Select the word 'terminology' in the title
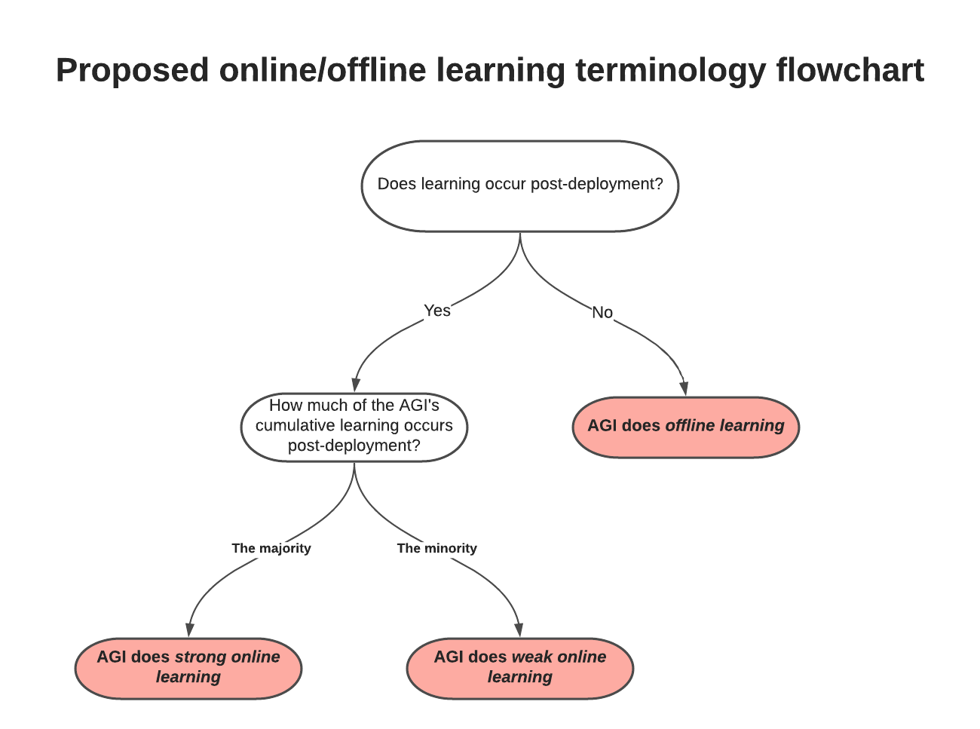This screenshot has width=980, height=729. pyautogui.click(x=670, y=71)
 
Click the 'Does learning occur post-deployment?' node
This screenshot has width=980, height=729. pyautogui.click(x=520, y=185)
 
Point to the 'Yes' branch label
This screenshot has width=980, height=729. pyautogui.click(x=437, y=311)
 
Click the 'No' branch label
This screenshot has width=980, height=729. pyautogui.click(x=602, y=312)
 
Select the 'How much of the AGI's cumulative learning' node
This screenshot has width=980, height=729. pyautogui.click(x=354, y=426)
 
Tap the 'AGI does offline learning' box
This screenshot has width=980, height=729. pyautogui.click(x=685, y=427)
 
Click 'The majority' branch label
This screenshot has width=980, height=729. pyautogui.click(x=271, y=548)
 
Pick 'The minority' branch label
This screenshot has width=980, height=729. pyautogui.click(x=437, y=548)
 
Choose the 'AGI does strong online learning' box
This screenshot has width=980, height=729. pyautogui.click(x=188, y=667)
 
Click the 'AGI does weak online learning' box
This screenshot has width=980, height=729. pyautogui.click(x=520, y=667)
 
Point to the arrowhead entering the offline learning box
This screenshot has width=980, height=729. pyautogui.click(x=684, y=389)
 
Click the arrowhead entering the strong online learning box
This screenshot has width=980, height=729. pyautogui.click(x=189, y=630)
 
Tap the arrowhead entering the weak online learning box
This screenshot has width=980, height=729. pyautogui.click(x=519, y=630)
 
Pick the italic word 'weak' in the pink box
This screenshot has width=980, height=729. pyautogui.click(x=532, y=657)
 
